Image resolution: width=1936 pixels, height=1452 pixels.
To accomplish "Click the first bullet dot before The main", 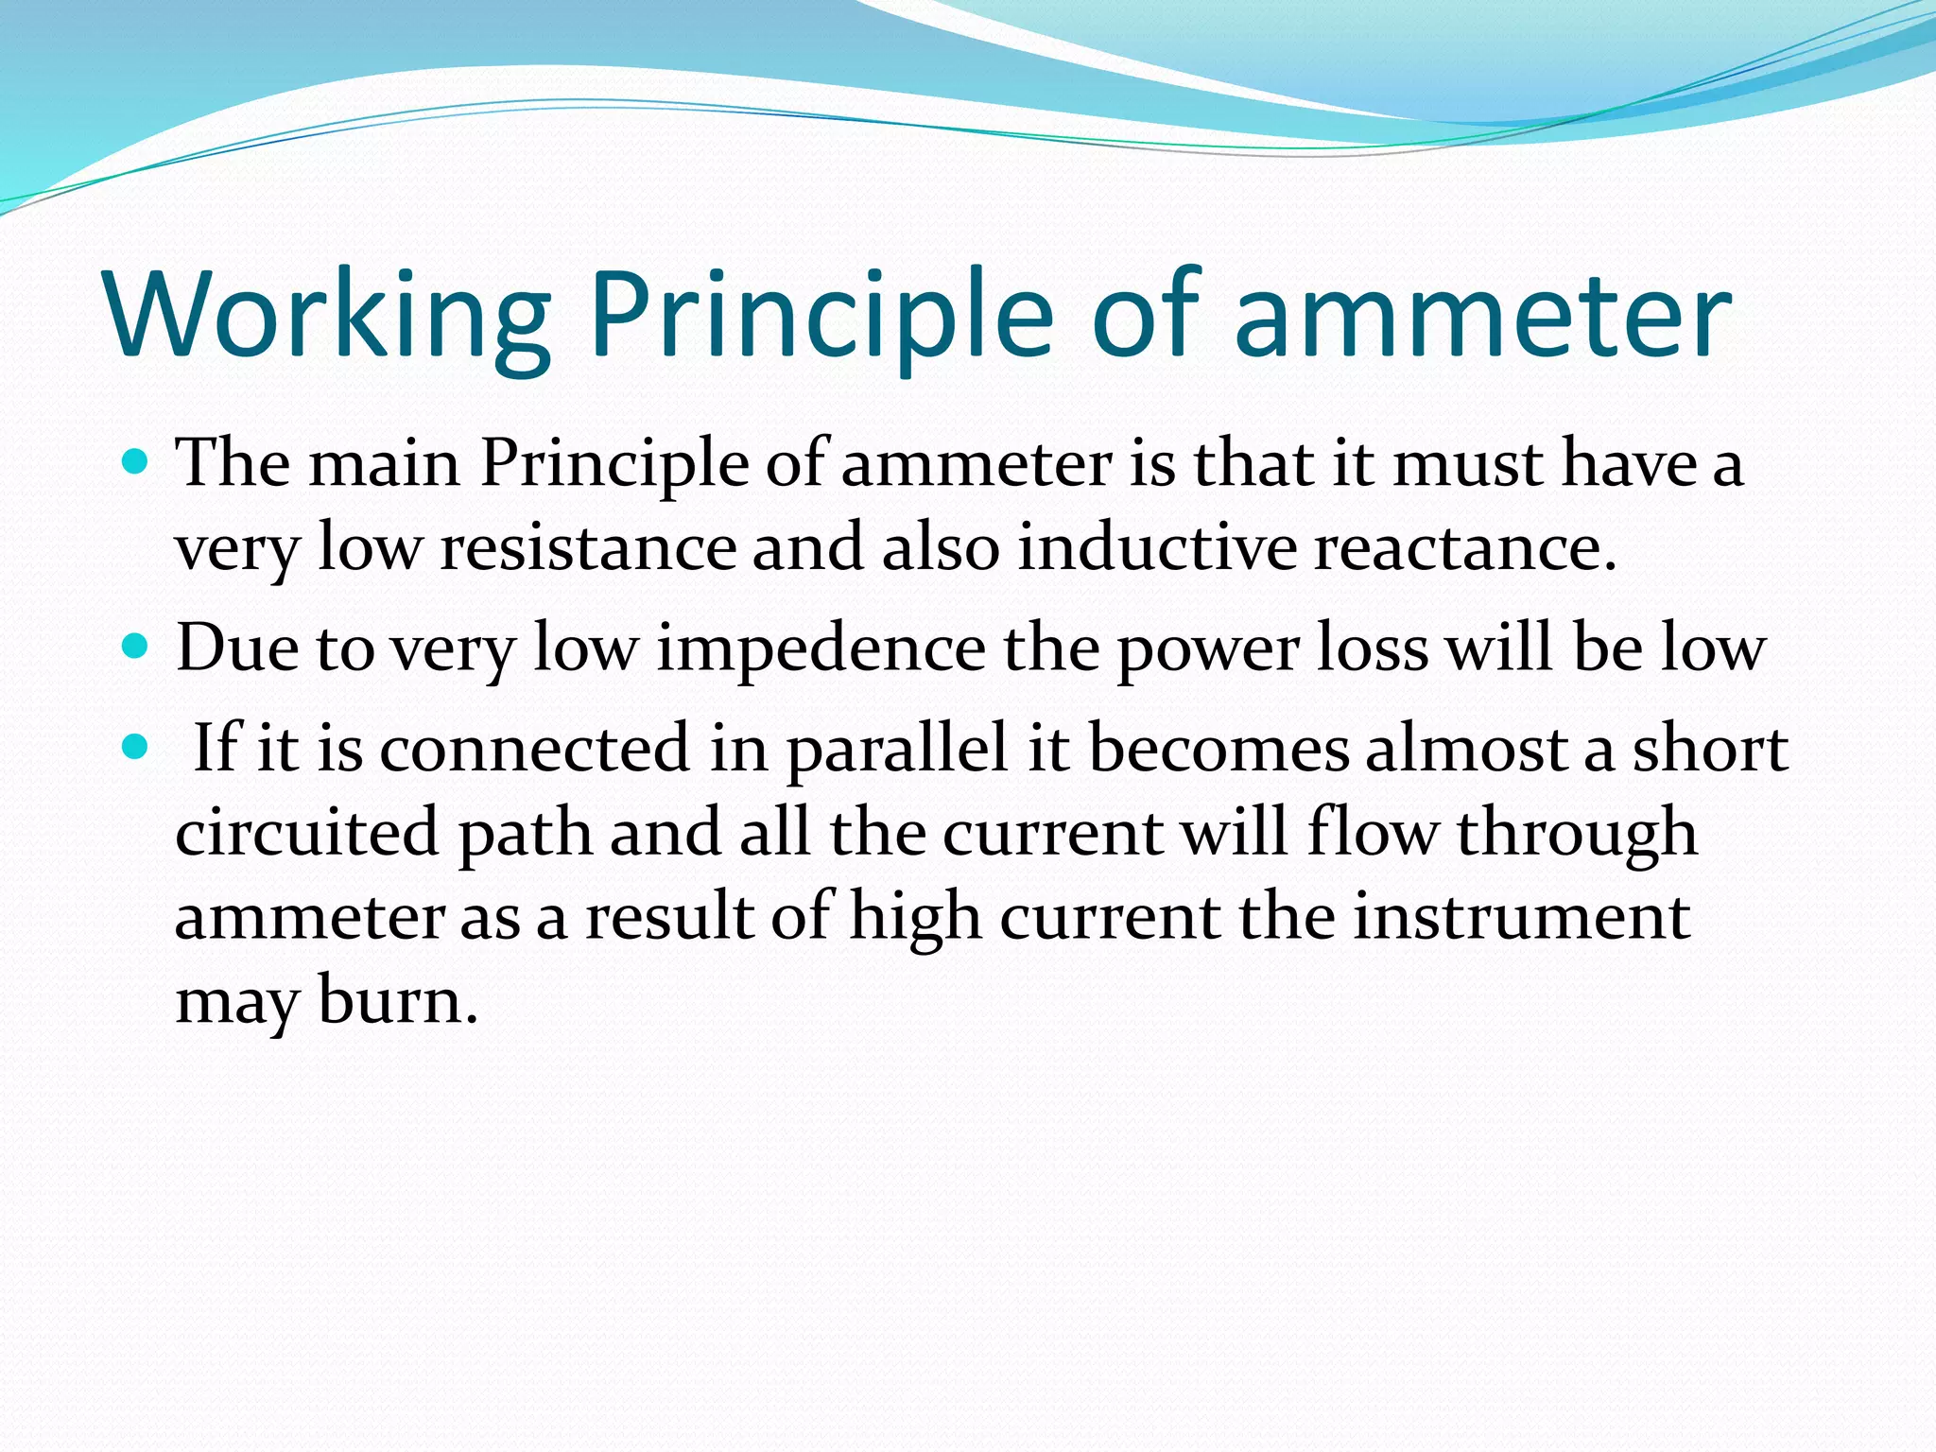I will coord(136,462).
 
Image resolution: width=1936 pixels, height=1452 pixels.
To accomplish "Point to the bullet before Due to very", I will coord(136,648).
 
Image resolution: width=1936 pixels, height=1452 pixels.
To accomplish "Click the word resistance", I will coord(588,548).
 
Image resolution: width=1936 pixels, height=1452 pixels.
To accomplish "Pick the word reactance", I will coord(1465,548).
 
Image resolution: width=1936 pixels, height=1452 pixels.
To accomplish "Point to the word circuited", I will coord(306,833).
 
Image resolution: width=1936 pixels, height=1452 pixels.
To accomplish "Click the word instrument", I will coord(1521,917).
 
